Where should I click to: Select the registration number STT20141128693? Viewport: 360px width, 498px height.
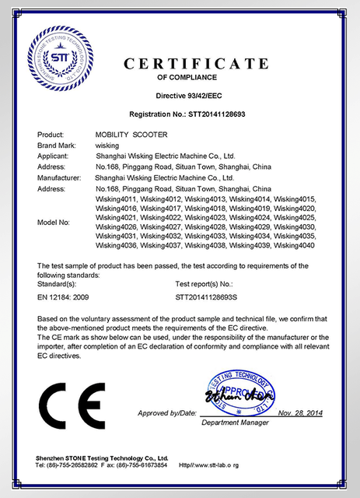[x=232, y=114]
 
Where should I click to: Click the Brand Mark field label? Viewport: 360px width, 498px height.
[x=57, y=146]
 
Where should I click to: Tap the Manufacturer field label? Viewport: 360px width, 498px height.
[x=59, y=178]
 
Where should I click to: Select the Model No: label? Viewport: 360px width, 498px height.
[x=54, y=222]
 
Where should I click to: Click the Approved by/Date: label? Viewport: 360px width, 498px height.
[x=167, y=412]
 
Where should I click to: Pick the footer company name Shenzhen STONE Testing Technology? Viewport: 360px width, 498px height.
[x=101, y=458]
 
